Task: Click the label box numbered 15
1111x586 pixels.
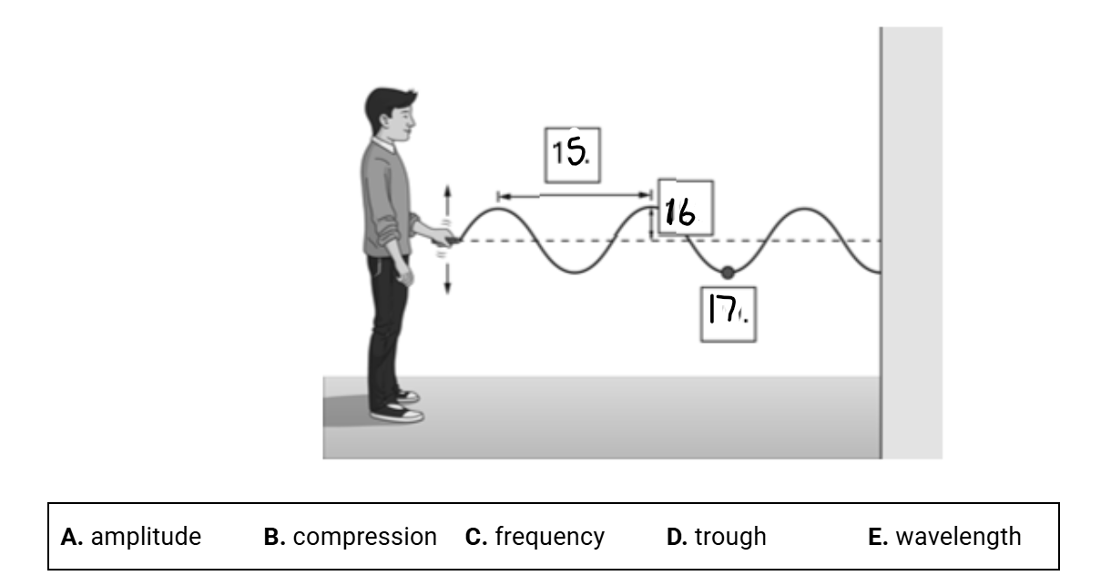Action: coord(573,155)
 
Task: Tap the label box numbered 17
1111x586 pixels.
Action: coord(728,314)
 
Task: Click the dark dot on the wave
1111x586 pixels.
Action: coord(727,272)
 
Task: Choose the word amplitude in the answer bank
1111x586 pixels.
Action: coord(146,537)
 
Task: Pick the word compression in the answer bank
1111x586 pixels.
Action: coord(364,537)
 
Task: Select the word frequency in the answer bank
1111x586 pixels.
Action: coord(549,537)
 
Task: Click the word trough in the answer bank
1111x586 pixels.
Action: coord(730,537)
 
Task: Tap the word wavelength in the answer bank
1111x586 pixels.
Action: coord(958,537)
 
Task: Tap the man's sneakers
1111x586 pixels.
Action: coord(397,410)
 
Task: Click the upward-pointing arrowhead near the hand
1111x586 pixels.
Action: coord(447,190)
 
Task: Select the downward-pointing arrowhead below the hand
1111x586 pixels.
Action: coord(447,289)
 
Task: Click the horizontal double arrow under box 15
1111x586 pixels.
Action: coord(574,195)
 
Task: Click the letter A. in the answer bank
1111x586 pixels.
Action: coord(72,537)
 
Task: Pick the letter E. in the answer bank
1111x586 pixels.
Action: coord(878,537)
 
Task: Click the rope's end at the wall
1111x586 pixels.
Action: coord(878,271)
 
